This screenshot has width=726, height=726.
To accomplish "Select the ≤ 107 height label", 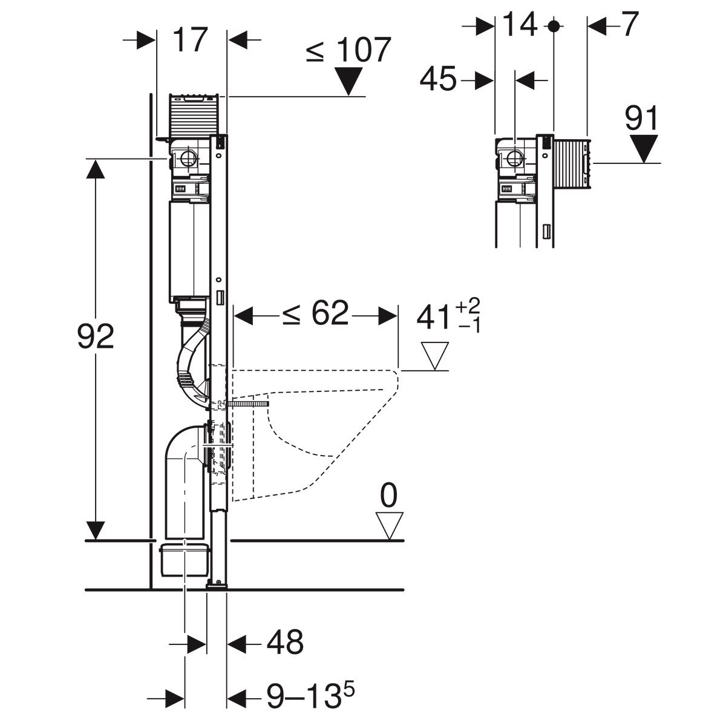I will (347, 51).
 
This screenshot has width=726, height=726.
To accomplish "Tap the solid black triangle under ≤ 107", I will (349, 80).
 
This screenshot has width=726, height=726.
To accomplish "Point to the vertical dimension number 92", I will (96, 337).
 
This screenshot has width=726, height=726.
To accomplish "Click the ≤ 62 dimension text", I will (315, 315).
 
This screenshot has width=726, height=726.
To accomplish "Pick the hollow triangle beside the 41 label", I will (434, 356).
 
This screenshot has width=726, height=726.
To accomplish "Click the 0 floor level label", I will (388, 496).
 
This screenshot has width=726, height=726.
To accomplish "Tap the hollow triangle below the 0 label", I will (388, 525).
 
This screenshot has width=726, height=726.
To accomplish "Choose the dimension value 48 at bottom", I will (284, 643).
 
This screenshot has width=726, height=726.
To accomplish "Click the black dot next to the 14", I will (553, 25).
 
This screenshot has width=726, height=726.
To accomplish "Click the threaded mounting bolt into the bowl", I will (248, 404).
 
